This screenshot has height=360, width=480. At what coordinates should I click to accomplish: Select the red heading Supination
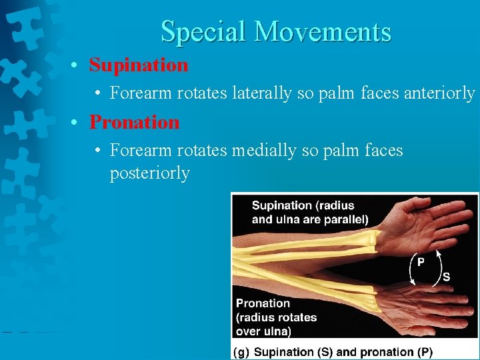point(139,65)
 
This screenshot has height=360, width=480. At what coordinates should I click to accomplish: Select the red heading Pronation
point(135,123)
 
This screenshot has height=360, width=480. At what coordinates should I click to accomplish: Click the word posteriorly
point(150,173)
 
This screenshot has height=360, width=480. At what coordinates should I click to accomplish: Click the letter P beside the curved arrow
point(420,262)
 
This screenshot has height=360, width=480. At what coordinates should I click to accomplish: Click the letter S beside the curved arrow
point(446,277)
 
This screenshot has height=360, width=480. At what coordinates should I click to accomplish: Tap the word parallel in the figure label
point(343,219)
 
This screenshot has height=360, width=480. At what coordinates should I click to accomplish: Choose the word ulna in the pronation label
point(277,331)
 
